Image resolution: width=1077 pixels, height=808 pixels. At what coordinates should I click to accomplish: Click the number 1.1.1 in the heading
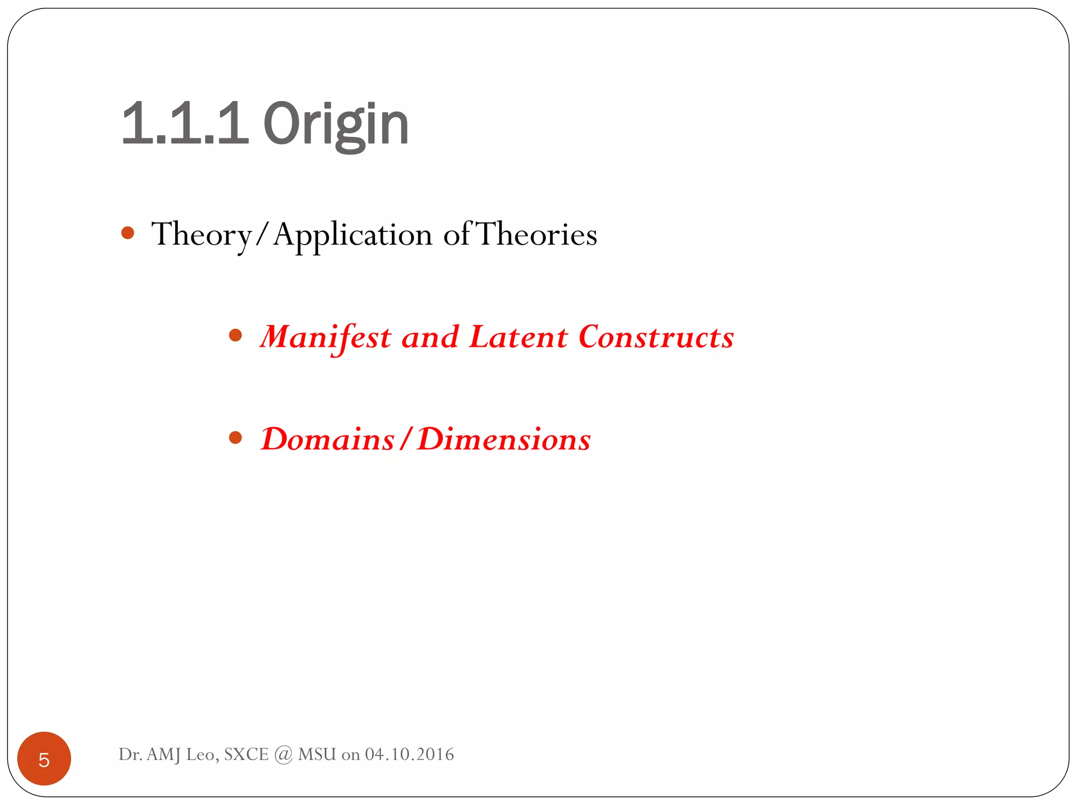pyautogui.click(x=184, y=124)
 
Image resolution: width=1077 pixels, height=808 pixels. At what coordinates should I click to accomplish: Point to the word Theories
pyautogui.click(x=536, y=235)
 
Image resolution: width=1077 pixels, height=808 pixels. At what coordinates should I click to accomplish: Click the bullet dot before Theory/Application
pyautogui.click(x=128, y=233)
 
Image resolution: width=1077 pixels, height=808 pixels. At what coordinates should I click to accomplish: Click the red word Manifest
pyautogui.click(x=326, y=337)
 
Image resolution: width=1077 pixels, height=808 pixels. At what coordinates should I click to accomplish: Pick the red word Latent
pyautogui.click(x=518, y=337)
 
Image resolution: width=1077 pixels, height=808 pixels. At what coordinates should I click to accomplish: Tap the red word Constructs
pyautogui.click(x=656, y=337)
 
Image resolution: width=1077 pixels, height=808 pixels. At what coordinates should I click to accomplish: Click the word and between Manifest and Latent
pyautogui.click(x=430, y=337)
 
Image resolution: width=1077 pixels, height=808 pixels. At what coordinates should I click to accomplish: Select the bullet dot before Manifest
pyautogui.click(x=236, y=335)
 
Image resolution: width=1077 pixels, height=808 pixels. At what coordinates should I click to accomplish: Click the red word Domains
pyautogui.click(x=327, y=439)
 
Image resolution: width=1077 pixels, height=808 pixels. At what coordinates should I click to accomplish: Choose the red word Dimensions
pyautogui.click(x=503, y=439)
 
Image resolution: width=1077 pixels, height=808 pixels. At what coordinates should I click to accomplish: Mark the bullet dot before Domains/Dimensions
pyautogui.click(x=236, y=437)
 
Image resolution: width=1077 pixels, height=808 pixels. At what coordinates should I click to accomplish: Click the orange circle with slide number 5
pyautogui.click(x=44, y=759)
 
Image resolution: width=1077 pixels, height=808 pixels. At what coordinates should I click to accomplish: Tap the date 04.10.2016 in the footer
pyautogui.click(x=409, y=754)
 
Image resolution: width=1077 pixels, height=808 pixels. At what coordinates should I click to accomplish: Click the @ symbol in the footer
pyautogui.click(x=283, y=755)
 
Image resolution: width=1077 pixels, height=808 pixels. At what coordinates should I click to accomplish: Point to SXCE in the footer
pyautogui.click(x=246, y=754)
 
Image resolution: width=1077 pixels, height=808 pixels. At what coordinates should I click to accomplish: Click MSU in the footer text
pyautogui.click(x=317, y=754)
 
